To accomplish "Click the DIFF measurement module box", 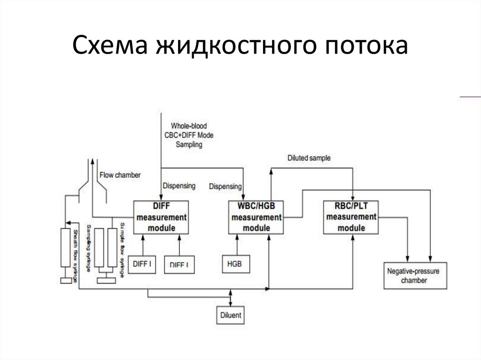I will coord(162,217).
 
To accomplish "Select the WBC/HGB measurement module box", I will coord(256,217).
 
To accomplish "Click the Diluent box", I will coord(231,315).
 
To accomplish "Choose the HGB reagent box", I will coord(235,264).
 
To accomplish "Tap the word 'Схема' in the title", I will coord(110,48).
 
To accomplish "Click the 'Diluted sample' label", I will coord(309,158).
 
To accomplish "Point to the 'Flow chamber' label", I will coord(120,175).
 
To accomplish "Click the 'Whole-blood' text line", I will coord(189,126).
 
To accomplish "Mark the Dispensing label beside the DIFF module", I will coord(179,185).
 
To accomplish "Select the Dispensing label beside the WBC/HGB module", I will coord(225,186).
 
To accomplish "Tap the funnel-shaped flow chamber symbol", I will coord(92,181).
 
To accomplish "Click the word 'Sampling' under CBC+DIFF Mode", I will coord(189,145).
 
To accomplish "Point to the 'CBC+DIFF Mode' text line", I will coord(189,135).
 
